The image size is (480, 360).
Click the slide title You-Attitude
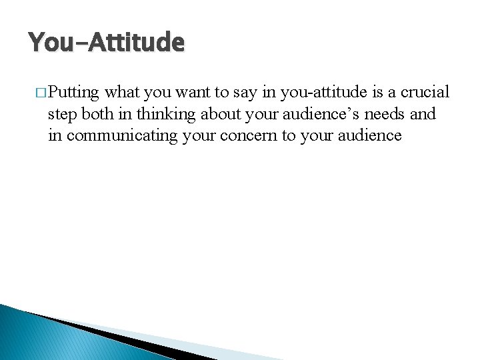(x=106, y=43)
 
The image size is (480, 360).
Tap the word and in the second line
(x=423, y=113)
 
